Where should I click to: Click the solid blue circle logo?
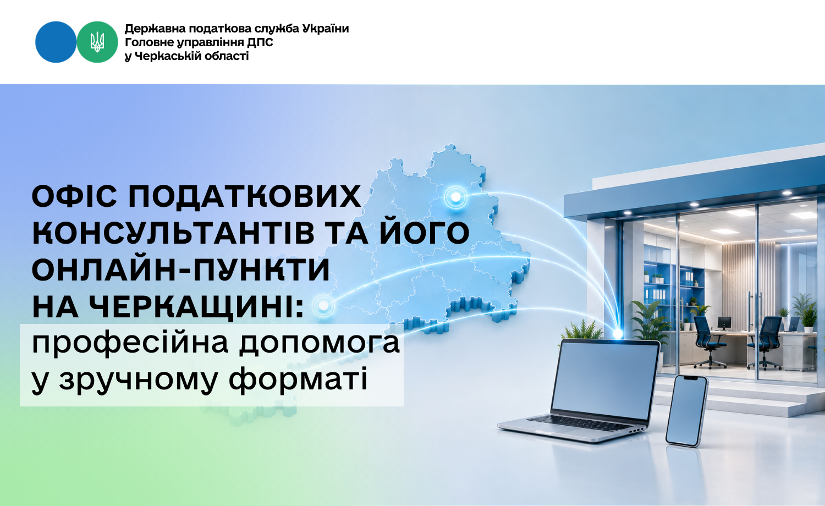[56, 42]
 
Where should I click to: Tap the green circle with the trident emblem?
[97, 42]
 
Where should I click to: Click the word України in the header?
[326, 29]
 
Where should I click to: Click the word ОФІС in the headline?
[74, 196]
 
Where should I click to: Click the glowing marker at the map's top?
[455, 197]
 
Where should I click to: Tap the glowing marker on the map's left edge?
[323, 305]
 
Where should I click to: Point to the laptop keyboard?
[582, 423]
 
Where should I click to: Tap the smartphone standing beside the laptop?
[687, 411]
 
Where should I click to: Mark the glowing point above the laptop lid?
[618, 334]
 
